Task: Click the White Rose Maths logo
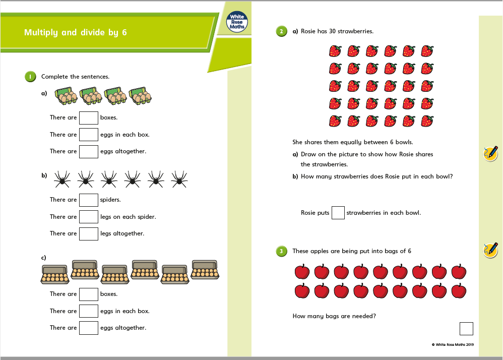pyautogui.click(x=237, y=22)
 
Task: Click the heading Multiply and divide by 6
pyautogui.click(x=76, y=33)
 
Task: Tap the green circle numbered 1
pyautogui.click(x=30, y=77)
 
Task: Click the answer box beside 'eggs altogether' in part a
pyautogui.click(x=89, y=151)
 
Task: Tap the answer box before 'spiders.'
pyautogui.click(x=89, y=200)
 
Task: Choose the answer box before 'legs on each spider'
pyautogui.click(x=89, y=217)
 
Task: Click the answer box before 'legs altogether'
pyautogui.click(x=89, y=233)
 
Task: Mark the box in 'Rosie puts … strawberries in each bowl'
pyautogui.click(x=338, y=213)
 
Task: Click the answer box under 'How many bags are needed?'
pyautogui.click(x=466, y=329)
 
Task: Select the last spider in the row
pyautogui.click(x=179, y=178)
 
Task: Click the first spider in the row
pyautogui.click(x=61, y=178)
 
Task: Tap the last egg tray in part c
pyautogui.click(x=205, y=270)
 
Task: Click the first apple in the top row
pyautogui.click(x=302, y=272)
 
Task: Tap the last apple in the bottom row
pyautogui.click(x=459, y=291)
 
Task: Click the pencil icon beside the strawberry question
pyautogui.click(x=490, y=153)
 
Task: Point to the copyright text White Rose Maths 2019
pyautogui.click(x=453, y=345)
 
